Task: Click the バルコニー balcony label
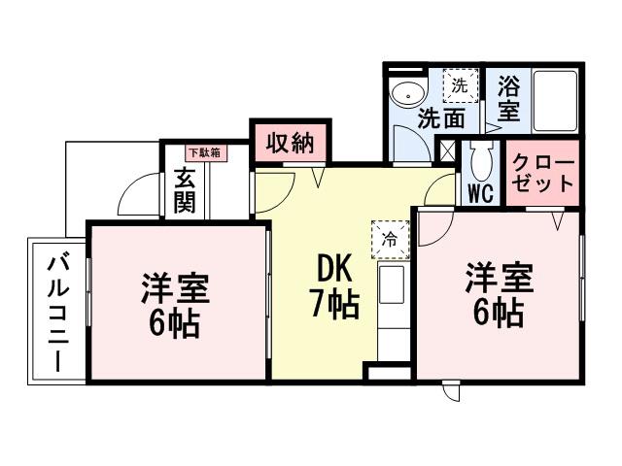click(x=56, y=312)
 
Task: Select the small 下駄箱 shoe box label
click(x=203, y=152)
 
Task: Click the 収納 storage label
click(x=290, y=144)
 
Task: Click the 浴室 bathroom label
click(x=508, y=98)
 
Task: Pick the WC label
click(x=480, y=192)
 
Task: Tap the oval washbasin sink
click(x=407, y=94)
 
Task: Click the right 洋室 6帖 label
click(x=498, y=294)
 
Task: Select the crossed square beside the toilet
click(x=448, y=150)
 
